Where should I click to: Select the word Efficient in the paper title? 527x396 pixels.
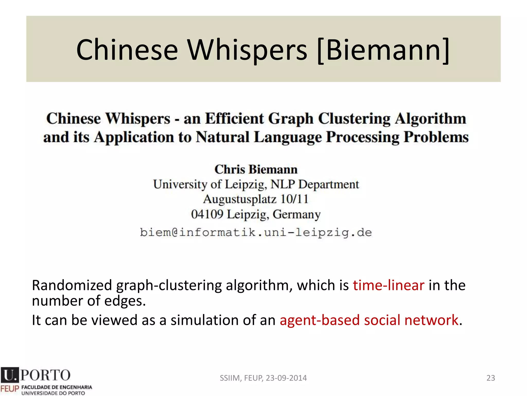pos(234,119)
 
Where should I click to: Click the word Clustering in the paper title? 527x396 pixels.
pos(354,119)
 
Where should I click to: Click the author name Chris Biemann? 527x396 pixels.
pos(256,169)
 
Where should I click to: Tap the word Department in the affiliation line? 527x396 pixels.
pos(329,184)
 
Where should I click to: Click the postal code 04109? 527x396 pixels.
pos(207,214)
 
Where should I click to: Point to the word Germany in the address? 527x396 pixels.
pos(297,214)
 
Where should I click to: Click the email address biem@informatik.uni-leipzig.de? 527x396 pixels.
pos(256,233)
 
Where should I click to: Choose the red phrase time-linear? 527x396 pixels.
pos(389,285)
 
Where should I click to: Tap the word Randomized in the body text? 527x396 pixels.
pos(72,285)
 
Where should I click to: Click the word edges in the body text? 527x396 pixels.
pos(124,301)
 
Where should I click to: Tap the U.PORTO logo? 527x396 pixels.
pos(36,375)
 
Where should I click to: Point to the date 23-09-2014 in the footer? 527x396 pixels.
pos(286,378)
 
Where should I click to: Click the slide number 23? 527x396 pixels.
pos(491,378)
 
